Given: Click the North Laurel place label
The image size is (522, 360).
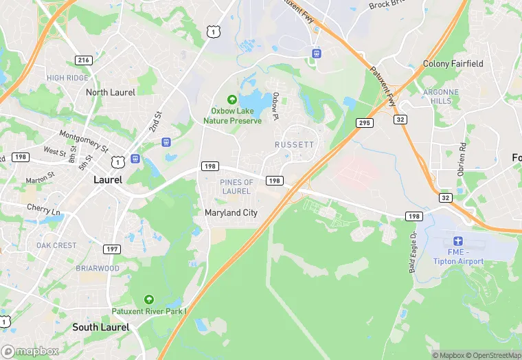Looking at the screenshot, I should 111,92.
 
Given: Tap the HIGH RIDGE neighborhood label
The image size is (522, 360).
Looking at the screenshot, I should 67,78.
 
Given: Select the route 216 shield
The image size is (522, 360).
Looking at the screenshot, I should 84,60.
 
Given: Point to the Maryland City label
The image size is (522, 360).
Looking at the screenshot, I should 231,213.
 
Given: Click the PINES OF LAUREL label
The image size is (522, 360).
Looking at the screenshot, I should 236,186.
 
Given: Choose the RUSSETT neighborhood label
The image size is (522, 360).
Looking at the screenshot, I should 294,145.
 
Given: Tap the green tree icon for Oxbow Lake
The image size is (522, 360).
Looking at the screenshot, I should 232,100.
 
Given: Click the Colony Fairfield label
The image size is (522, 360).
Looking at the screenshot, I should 453,64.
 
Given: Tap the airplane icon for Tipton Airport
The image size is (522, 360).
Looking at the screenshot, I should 458,242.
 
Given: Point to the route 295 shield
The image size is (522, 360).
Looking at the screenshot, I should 364,122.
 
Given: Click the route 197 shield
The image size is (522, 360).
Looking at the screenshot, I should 111,248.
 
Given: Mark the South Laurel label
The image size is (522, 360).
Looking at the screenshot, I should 100,327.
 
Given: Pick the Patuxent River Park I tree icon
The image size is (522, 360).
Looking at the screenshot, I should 149,300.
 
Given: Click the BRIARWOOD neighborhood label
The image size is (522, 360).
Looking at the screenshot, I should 97,269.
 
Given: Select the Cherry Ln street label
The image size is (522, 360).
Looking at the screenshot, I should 43,208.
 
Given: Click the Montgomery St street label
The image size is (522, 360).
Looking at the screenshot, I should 84,141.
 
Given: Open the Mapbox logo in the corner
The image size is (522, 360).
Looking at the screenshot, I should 30,351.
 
